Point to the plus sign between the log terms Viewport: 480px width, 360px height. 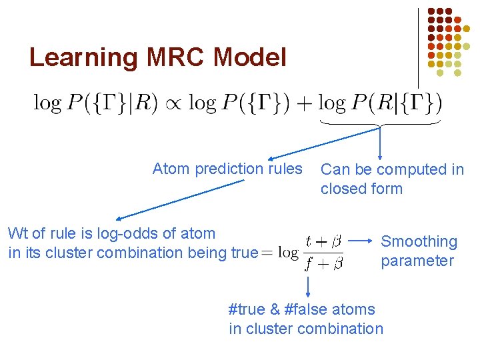tap(306, 103)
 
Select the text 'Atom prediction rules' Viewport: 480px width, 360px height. tap(227, 169)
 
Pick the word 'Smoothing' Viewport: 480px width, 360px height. tap(419, 241)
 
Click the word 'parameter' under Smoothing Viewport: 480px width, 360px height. tap(417, 261)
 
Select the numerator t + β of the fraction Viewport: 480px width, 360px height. tap(323, 240)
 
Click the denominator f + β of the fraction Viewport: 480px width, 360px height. tap(323, 264)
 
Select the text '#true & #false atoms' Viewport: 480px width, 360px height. tap(301, 309)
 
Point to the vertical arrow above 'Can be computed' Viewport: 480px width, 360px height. tap(380, 143)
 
